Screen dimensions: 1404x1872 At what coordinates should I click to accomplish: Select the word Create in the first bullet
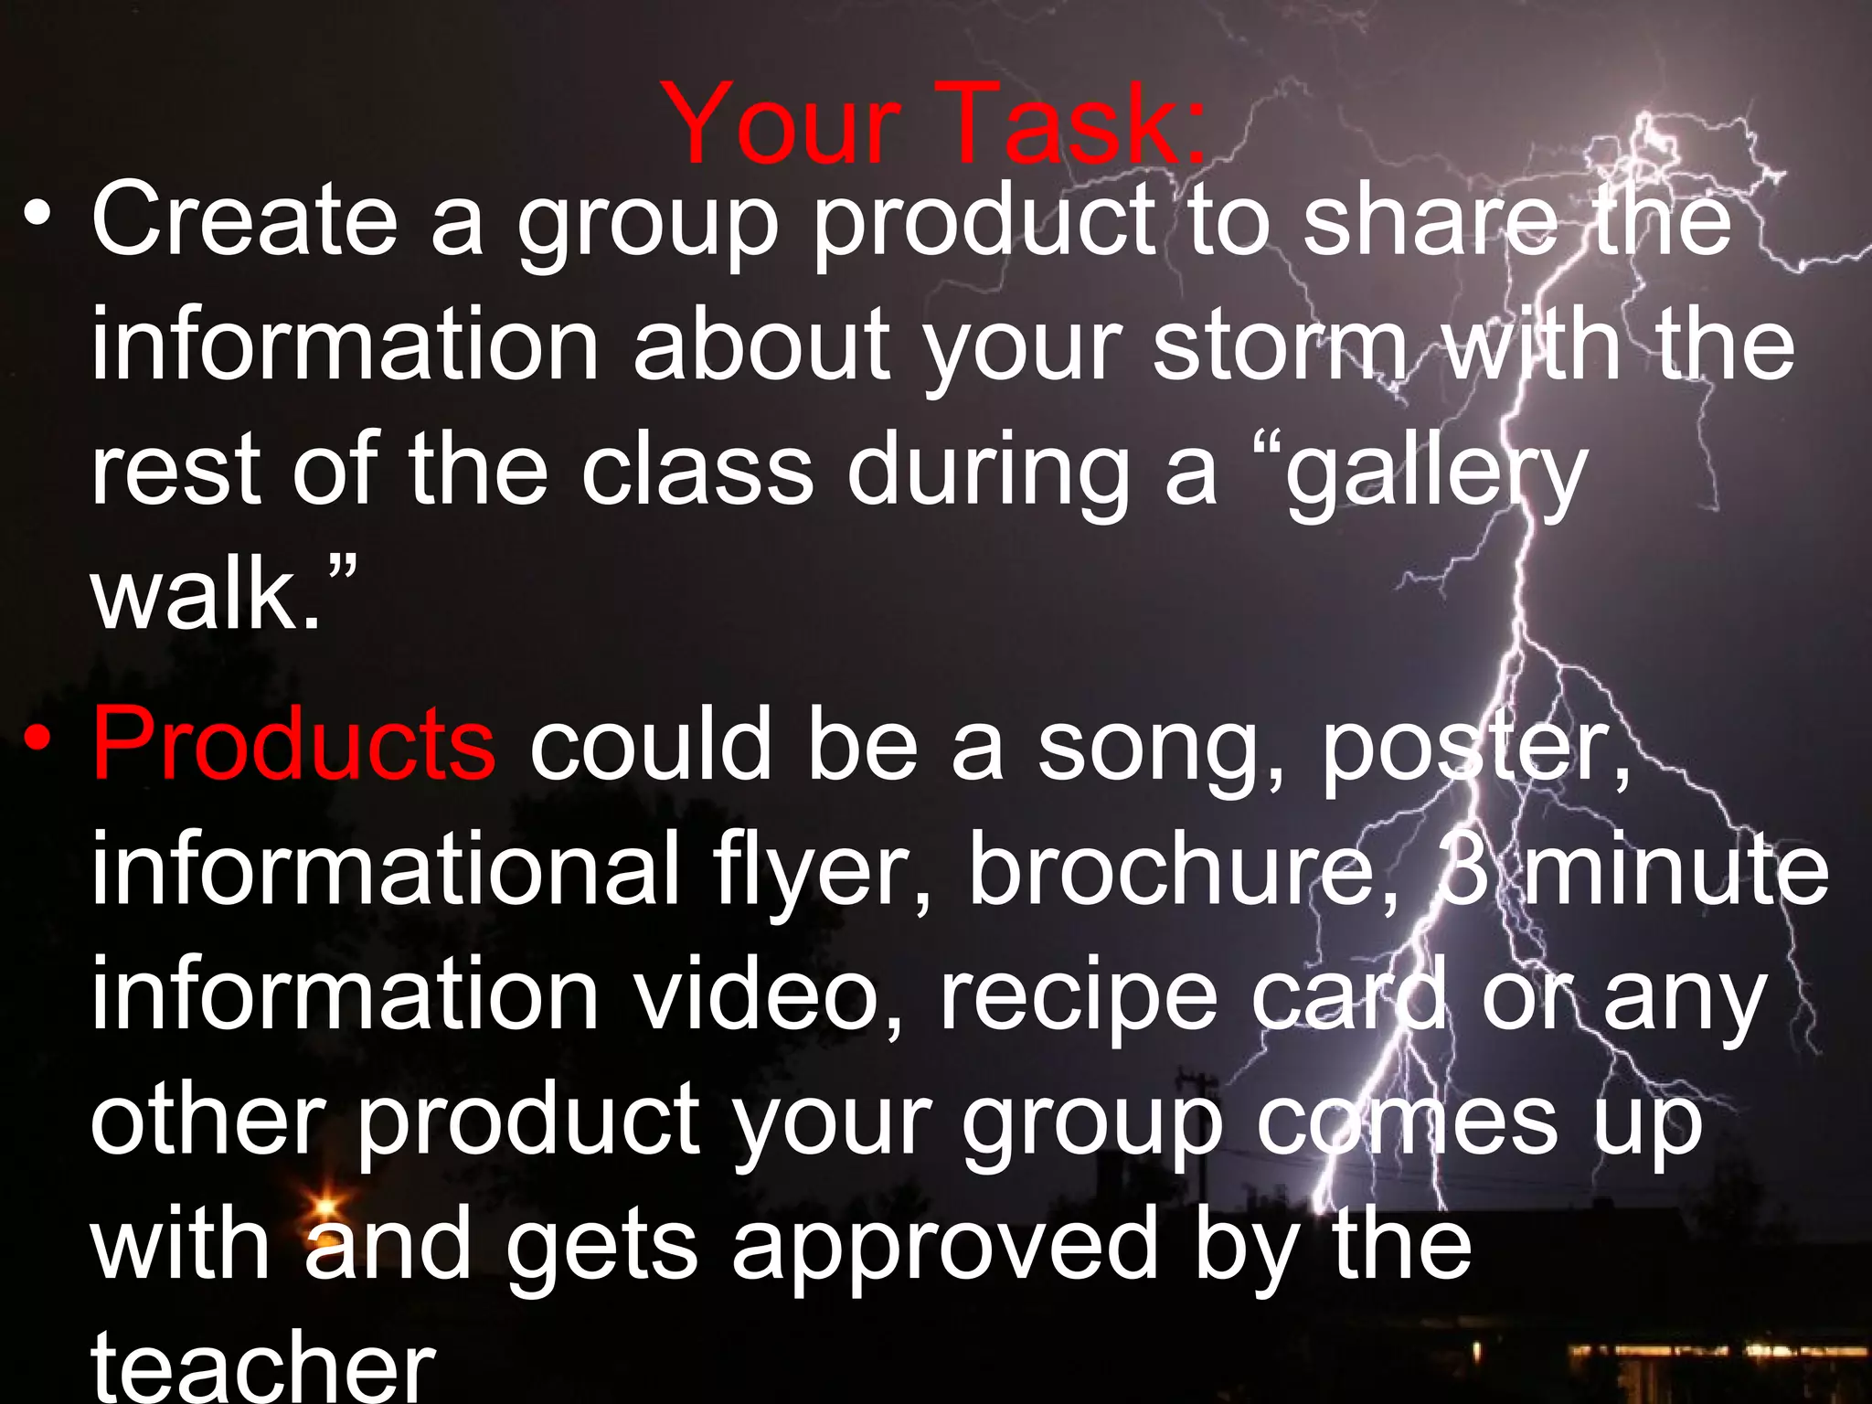click(x=244, y=219)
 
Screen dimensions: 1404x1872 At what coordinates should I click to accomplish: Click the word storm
click(x=1281, y=346)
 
